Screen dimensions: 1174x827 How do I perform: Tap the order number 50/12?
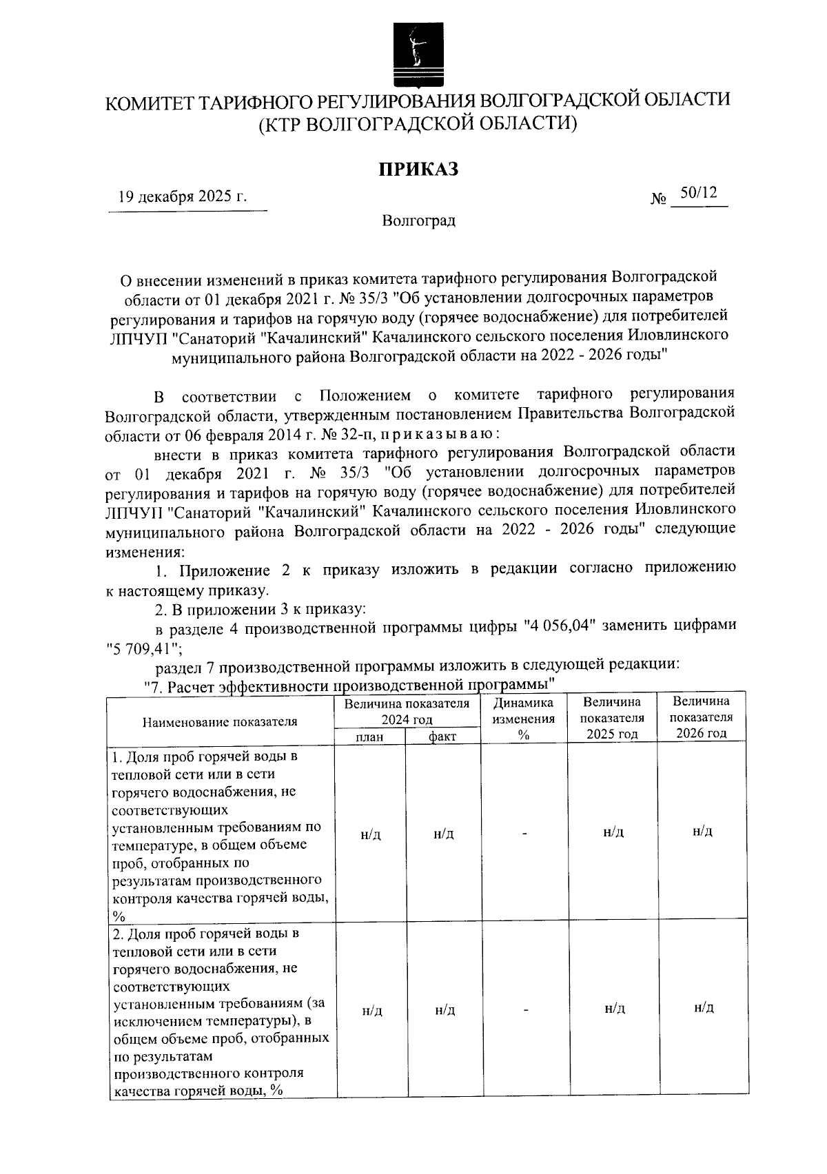point(698,193)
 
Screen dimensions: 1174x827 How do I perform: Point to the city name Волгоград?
point(419,221)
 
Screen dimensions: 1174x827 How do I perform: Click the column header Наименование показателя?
point(220,721)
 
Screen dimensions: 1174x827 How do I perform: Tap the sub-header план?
point(369,737)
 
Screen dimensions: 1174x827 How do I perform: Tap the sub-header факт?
point(442,737)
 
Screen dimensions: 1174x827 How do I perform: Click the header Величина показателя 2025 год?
point(612,718)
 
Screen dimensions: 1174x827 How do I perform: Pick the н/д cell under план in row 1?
point(370,834)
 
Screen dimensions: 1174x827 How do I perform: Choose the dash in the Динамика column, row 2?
point(524,1010)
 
